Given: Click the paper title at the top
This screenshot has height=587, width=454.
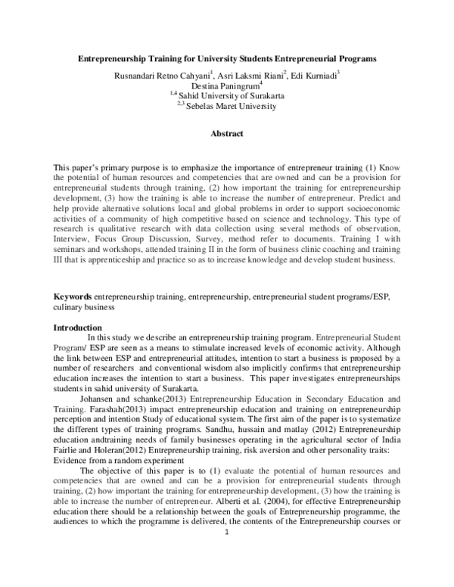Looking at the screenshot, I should tap(227, 57).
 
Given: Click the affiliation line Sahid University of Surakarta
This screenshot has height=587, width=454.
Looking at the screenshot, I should tap(230, 96).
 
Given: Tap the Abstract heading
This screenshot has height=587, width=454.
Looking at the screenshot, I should tap(227, 134).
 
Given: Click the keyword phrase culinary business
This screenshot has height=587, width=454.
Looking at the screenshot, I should tap(83, 308).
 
